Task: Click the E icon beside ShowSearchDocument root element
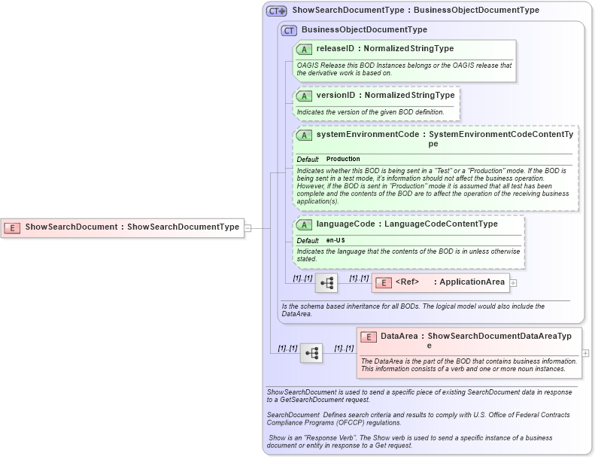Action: [x=12, y=227]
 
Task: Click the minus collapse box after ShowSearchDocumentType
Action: [x=247, y=227]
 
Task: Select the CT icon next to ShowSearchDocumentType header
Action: [x=277, y=11]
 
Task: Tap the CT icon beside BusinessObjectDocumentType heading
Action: [x=289, y=30]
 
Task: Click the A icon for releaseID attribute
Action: [x=305, y=49]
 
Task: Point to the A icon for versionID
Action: [x=305, y=96]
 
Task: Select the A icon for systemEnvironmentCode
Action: [x=305, y=136]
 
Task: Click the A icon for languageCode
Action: [x=305, y=224]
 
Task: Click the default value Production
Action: [x=343, y=160]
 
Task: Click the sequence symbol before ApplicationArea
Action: [x=326, y=283]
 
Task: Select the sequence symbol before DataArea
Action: [x=311, y=352]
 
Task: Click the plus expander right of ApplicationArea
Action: [x=514, y=283]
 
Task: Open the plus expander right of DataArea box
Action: [x=585, y=352]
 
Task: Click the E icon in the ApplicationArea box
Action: [x=384, y=283]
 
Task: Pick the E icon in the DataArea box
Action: [x=369, y=337]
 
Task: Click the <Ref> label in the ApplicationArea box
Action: [x=407, y=282]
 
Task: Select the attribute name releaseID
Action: [x=335, y=49]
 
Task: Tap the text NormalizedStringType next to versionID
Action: [x=409, y=96]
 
